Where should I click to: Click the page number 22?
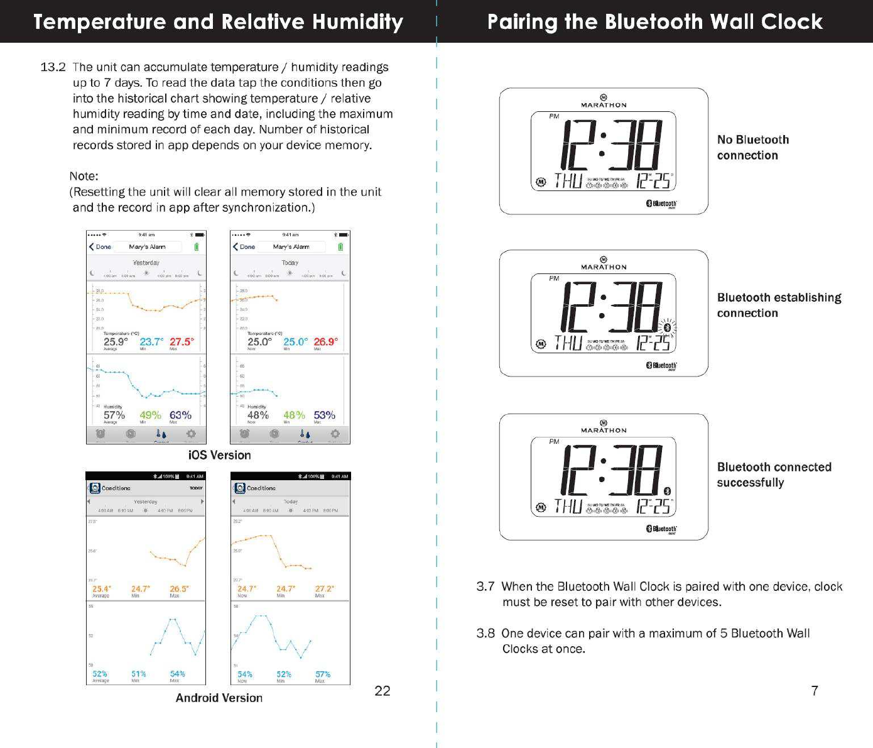[x=382, y=691]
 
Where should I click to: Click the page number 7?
[x=815, y=691]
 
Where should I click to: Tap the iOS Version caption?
[x=219, y=455]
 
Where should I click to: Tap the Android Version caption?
[x=219, y=698]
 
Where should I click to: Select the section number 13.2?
[x=53, y=67]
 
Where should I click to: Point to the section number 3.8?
[x=485, y=634]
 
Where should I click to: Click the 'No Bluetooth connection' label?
[x=752, y=148]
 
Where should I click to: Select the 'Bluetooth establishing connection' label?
[x=779, y=305]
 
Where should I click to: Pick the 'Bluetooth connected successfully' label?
[x=774, y=475]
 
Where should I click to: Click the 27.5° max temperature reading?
[x=182, y=342]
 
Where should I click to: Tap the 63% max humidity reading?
[x=180, y=415]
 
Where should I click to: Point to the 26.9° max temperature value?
[x=325, y=342]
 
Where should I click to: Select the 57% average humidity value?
[x=114, y=415]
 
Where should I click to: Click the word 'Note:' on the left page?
[x=84, y=176]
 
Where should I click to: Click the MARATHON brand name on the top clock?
[x=604, y=105]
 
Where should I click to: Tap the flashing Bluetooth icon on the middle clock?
[x=667, y=326]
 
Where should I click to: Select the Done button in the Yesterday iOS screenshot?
[x=100, y=247]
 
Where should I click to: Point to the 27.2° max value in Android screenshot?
[x=324, y=589]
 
